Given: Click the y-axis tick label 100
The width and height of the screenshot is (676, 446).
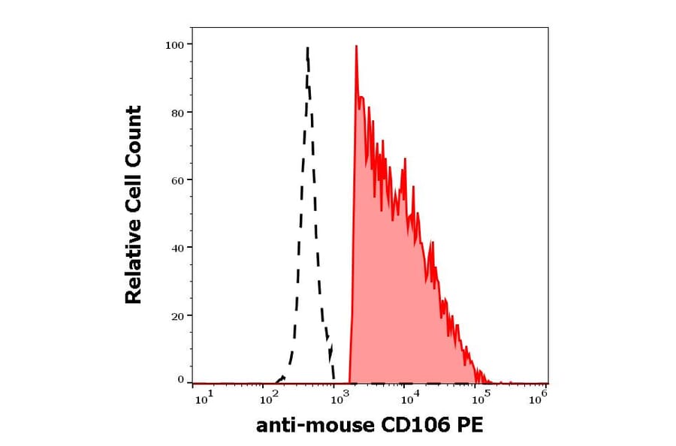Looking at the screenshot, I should (x=174, y=45).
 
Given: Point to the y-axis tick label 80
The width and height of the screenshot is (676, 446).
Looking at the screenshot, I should (x=177, y=113).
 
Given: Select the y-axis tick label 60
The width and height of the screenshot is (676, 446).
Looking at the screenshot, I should (x=177, y=180).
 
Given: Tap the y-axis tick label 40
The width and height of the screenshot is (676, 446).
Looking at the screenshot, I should (x=177, y=248).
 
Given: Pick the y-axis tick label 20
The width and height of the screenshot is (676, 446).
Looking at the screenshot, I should (x=177, y=315).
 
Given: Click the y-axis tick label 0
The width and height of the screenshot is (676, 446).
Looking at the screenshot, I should (x=180, y=380).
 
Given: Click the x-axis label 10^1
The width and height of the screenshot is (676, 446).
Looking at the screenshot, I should (x=204, y=399).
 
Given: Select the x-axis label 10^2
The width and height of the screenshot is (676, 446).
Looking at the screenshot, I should (x=268, y=399).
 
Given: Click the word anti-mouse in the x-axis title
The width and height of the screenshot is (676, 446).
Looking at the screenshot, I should (x=314, y=426).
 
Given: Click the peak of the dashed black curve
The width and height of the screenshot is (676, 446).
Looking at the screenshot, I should (x=307, y=49).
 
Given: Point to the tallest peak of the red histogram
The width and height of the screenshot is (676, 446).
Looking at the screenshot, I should (x=355, y=47).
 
